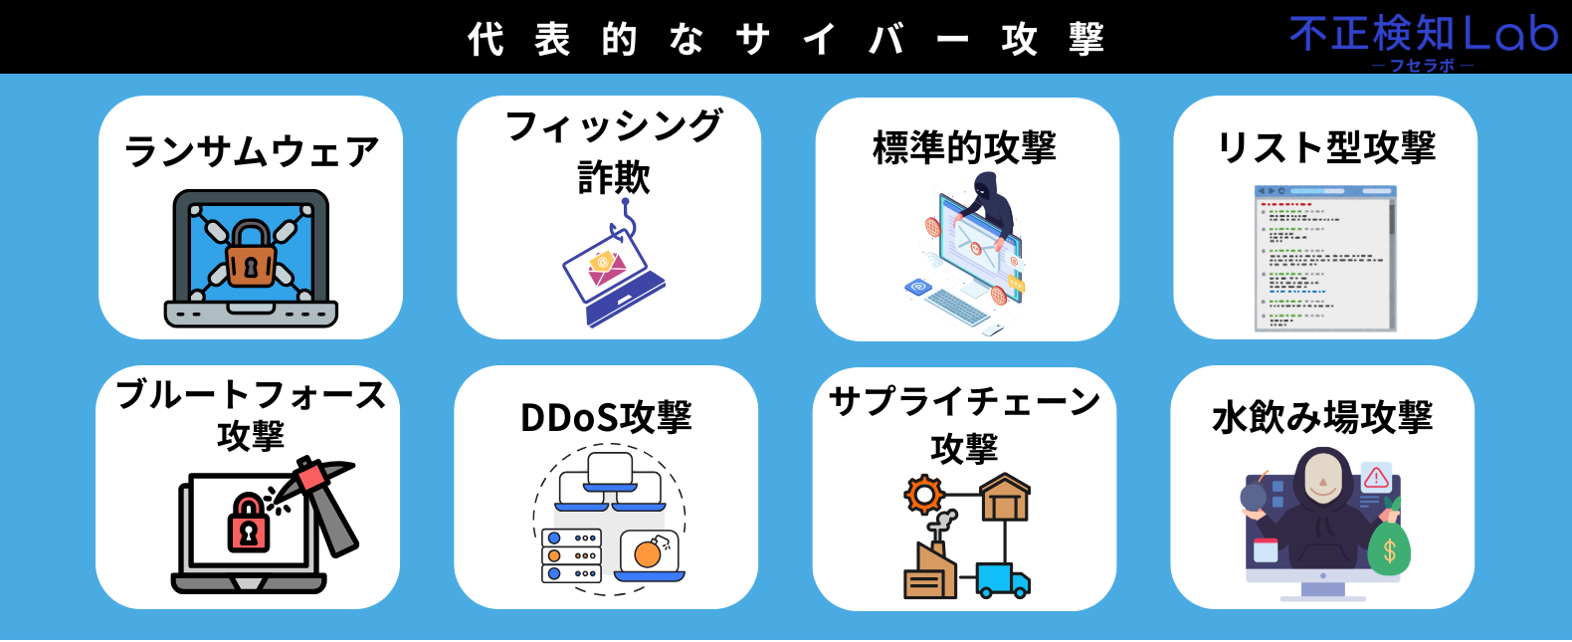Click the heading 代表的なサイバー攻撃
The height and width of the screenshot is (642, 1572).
coord(786,39)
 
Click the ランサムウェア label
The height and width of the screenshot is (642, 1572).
coord(251,151)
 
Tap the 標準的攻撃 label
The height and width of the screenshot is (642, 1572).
coord(964,147)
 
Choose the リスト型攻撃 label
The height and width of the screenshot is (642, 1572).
coord(1326,147)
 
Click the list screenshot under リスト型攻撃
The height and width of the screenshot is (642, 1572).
coord(1325,259)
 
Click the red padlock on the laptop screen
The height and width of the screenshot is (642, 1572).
coord(249,524)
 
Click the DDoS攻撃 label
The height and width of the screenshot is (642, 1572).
coord(606,417)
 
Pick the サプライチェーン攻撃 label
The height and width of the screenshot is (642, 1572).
coord(964,423)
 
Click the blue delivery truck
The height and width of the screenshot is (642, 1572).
coord(1001,580)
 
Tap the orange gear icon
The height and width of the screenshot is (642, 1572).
coord(924,494)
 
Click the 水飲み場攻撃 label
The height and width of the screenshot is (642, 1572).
coord(1322,417)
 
